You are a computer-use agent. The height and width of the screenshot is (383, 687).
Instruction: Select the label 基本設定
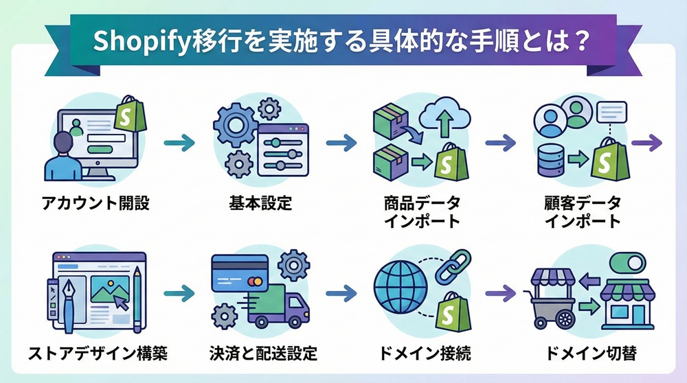pos(260,204)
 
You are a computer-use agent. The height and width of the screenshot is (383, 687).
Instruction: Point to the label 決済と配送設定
pos(263,354)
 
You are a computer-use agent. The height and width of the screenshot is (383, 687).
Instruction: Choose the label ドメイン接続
pos(425,354)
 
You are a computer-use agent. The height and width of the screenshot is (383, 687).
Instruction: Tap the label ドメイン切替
pos(590,354)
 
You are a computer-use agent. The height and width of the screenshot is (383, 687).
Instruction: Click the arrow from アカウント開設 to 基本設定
pos(181,143)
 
